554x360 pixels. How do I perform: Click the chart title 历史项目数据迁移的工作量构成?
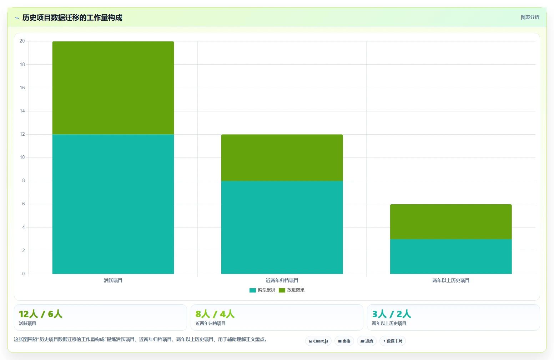point(72,18)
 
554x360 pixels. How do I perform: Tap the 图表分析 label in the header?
point(530,17)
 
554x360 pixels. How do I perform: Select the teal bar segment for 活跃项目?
point(113,204)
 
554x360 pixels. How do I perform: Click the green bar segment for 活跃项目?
point(113,88)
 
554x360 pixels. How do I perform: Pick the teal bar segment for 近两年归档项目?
point(282,227)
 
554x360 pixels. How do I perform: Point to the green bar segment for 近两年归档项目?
point(282,157)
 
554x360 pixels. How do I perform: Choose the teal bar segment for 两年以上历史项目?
point(451,256)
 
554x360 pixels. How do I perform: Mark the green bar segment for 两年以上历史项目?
point(451,222)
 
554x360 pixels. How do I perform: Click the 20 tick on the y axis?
point(22,41)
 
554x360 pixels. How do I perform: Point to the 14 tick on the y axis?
point(22,111)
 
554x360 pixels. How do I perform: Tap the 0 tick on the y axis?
point(24,274)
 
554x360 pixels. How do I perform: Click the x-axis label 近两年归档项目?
point(282,280)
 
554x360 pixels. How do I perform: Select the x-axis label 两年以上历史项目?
point(451,280)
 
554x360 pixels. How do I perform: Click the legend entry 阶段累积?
point(262,290)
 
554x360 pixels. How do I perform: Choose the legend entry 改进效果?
point(292,290)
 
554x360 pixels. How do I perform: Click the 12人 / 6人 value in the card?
point(41,314)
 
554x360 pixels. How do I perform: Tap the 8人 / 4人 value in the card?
point(215,314)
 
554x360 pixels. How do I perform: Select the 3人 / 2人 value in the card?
point(392,314)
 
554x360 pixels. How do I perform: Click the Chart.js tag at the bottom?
point(318,341)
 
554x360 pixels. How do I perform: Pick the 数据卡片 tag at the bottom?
point(393,341)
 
